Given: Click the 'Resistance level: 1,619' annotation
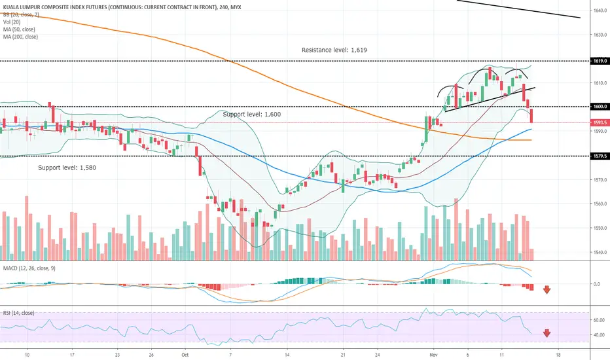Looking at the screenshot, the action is [334, 50].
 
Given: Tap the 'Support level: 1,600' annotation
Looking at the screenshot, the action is [252, 114].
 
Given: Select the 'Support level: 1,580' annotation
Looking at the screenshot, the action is [67, 168].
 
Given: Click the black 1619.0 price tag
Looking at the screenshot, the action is [600, 61].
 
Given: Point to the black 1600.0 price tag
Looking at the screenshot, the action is [600, 106].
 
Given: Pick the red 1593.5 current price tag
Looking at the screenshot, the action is [600, 122].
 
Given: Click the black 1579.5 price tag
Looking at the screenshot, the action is [600, 156].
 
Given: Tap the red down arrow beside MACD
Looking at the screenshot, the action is [547, 289].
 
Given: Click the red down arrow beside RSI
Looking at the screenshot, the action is [547, 333].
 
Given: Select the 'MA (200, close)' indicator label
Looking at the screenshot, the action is [20, 37].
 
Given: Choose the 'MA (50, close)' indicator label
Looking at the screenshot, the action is [19, 29].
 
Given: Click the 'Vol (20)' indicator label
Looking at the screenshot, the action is [12, 22].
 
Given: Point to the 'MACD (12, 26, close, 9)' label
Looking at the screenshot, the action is [29, 268].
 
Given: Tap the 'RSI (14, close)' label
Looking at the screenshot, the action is [18, 313].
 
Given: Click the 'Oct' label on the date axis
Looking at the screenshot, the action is [185, 355].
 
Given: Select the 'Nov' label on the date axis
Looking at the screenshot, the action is [433, 355].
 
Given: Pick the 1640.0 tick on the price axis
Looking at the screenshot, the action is [601, 10].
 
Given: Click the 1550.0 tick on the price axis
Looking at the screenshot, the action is [601, 228].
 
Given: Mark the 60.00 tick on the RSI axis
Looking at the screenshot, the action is [599, 320].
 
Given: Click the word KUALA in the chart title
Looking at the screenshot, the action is [10, 7].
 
